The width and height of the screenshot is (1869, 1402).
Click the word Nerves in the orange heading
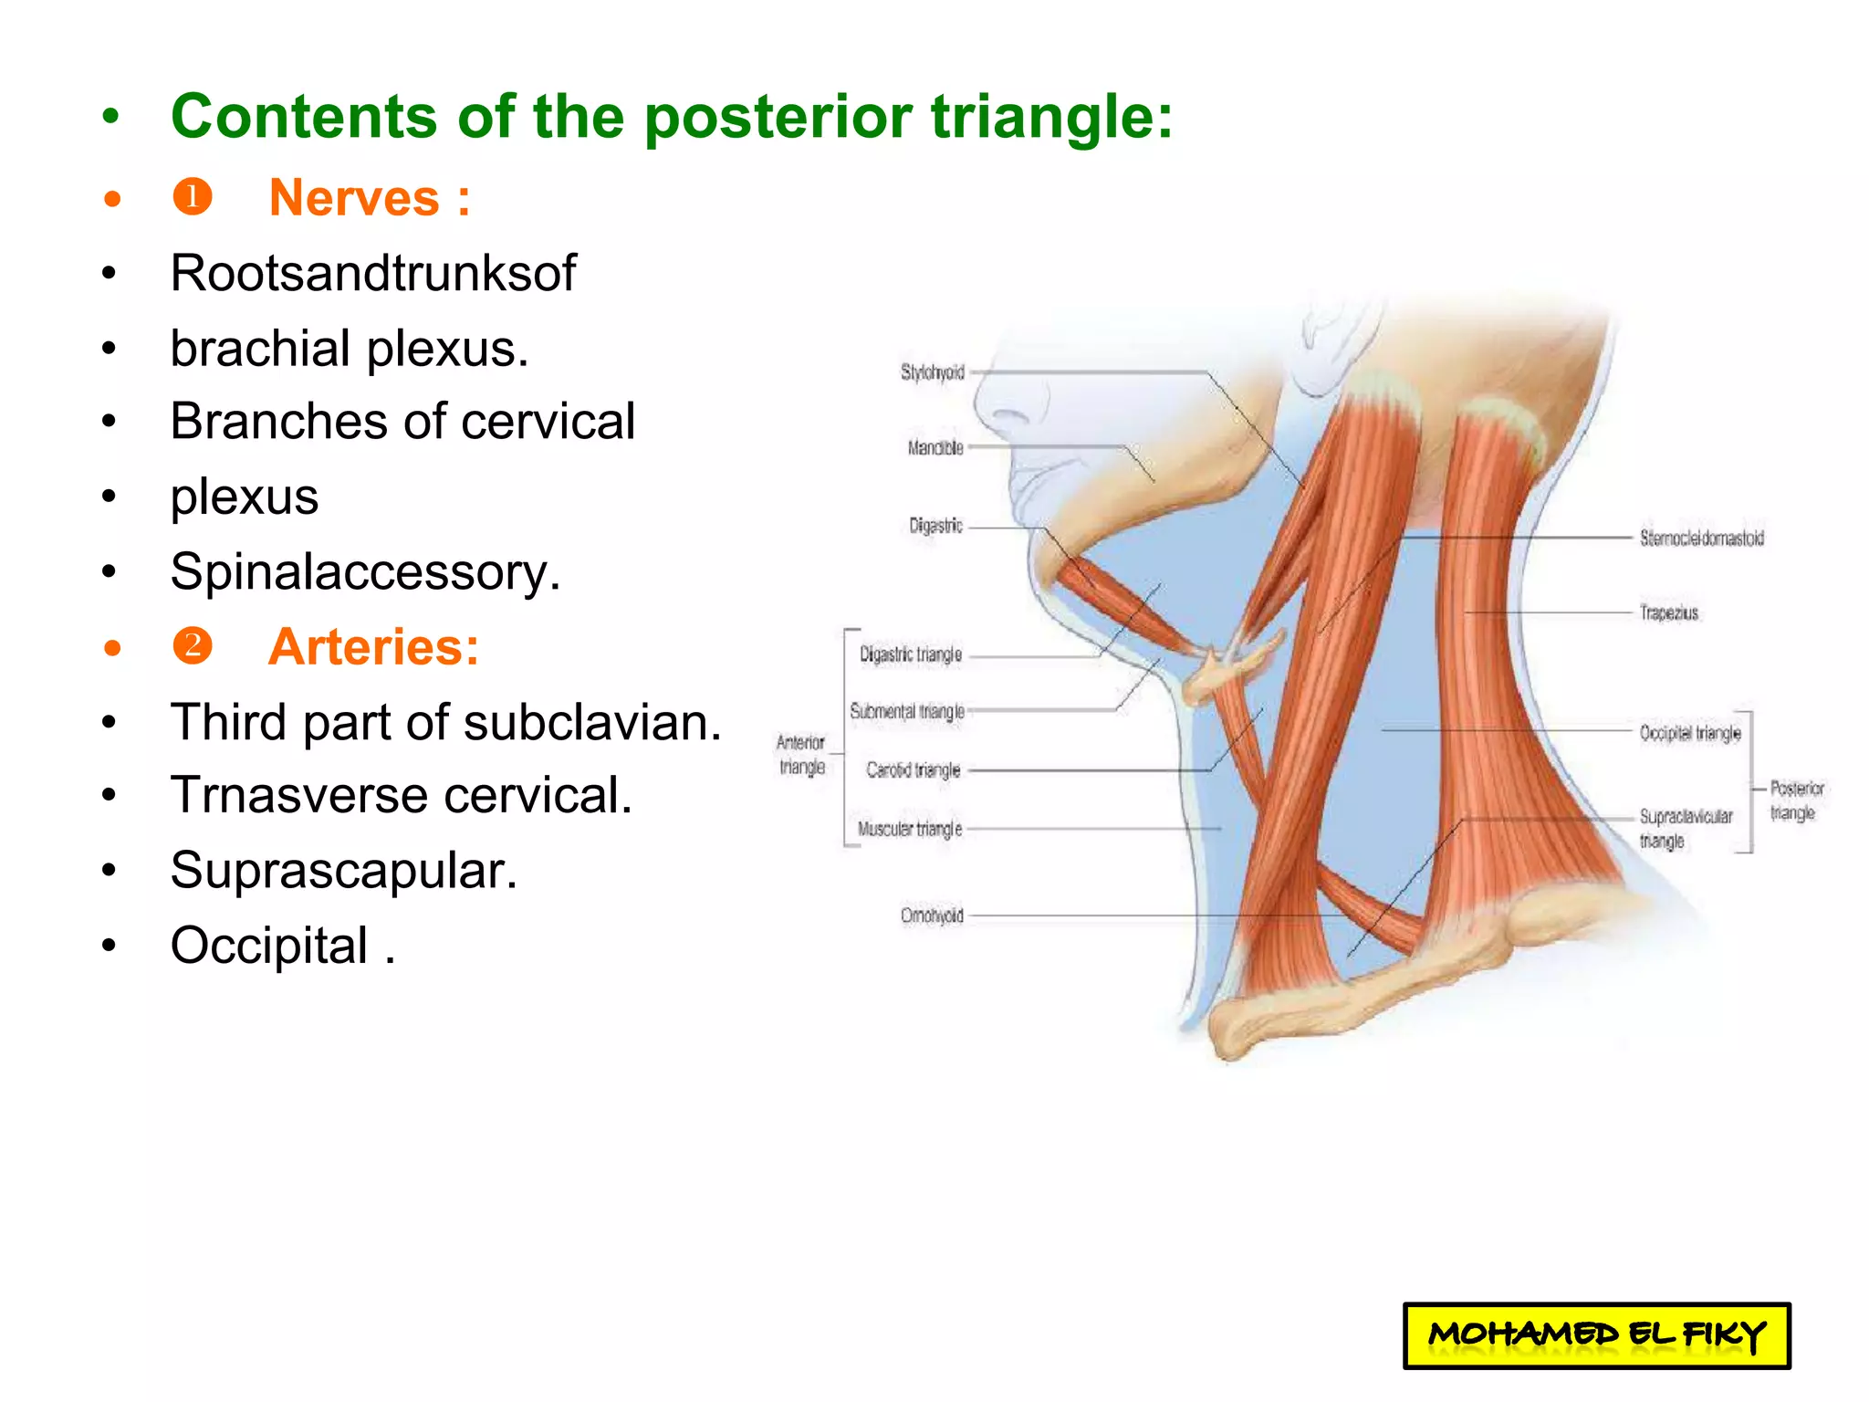point(354,198)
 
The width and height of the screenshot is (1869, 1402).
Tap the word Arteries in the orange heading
point(367,647)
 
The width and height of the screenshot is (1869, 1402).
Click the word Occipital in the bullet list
point(270,946)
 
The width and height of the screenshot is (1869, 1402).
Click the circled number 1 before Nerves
point(193,197)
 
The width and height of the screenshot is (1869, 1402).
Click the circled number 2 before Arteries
point(193,646)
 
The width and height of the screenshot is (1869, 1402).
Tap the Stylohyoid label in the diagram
point(932,372)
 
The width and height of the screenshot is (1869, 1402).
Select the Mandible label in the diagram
point(935,448)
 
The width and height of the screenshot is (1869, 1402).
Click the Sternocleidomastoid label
point(1701,539)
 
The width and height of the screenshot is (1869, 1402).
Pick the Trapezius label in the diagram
point(1668,613)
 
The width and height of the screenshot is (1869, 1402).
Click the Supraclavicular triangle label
point(1685,829)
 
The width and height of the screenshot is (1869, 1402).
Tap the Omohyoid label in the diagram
point(932,915)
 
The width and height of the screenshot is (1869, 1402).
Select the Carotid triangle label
point(913,770)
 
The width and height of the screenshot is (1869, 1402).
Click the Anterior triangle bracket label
point(801,755)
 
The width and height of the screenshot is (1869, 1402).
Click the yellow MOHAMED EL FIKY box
point(1596,1335)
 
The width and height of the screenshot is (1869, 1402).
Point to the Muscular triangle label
point(909,830)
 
